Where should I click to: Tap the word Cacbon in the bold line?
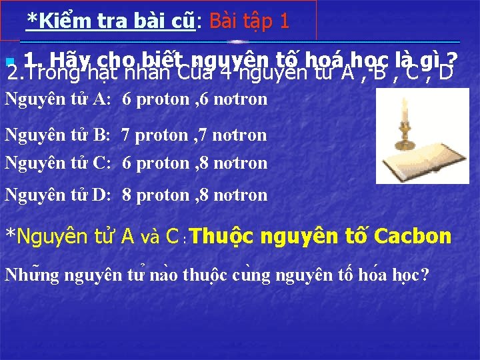[413, 237]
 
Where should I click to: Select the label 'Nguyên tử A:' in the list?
[58, 100]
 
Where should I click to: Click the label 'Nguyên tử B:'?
[58, 135]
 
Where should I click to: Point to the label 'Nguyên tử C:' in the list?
[58, 163]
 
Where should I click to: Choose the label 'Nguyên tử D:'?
[58, 195]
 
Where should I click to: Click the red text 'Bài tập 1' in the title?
[249, 21]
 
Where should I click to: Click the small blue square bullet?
[8, 62]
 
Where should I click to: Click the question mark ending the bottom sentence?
[425, 274]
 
